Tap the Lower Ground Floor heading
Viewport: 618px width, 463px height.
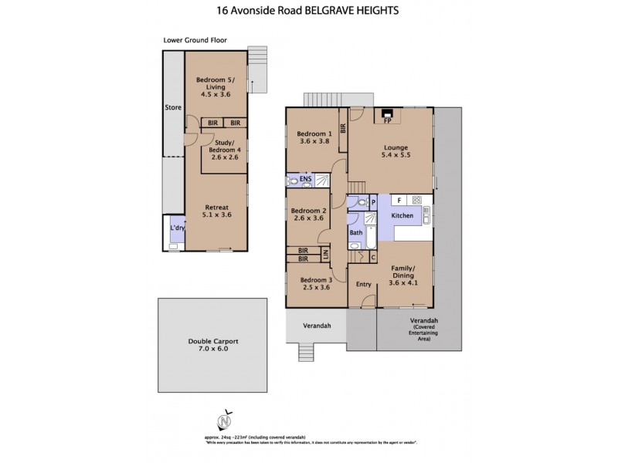[195, 40]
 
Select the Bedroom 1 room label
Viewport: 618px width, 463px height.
[314, 137]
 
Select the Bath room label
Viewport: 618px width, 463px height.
[356, 232]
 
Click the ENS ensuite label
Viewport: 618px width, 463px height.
[307, 181]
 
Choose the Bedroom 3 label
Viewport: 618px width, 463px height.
[315, 283]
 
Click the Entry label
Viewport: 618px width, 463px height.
[363, 285]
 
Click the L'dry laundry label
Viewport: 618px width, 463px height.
[175, 229]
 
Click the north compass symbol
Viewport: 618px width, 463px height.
[224, 421]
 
